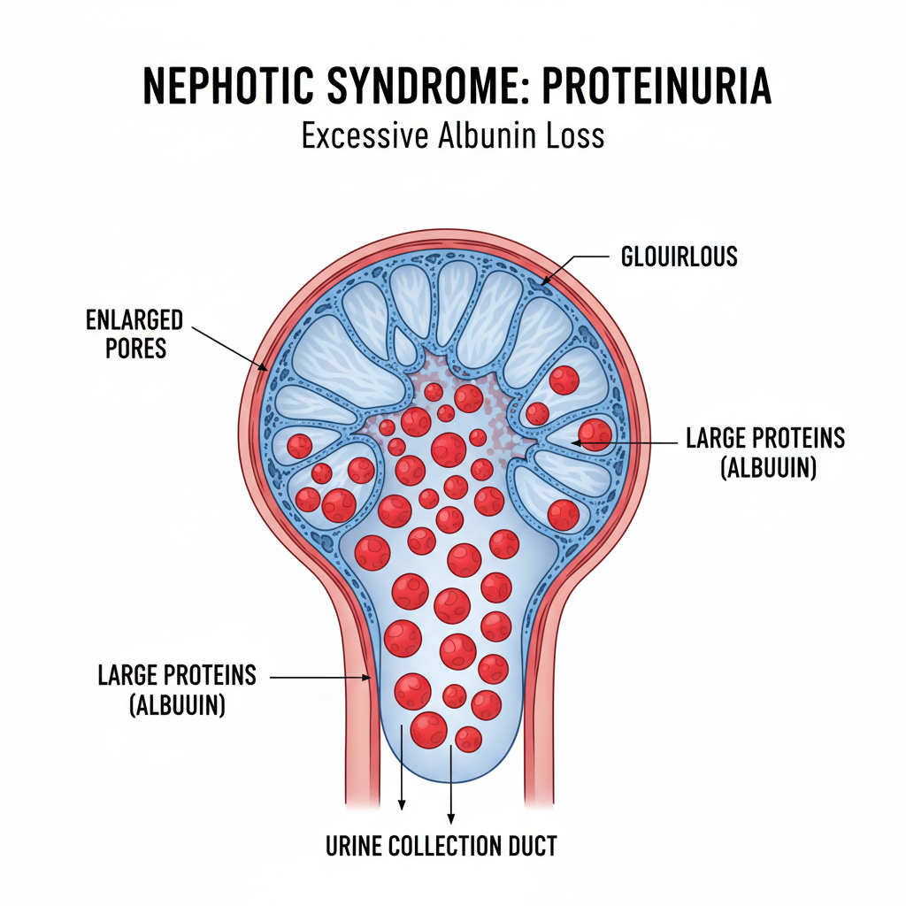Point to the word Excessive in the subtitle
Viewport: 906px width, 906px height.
(365, 136)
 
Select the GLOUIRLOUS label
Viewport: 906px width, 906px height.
(679, 257)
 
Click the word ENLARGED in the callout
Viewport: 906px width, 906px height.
(134, 319)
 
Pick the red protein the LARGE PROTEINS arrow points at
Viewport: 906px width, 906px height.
(595, 433)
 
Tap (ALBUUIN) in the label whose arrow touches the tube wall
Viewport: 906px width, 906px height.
(176, 705)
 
